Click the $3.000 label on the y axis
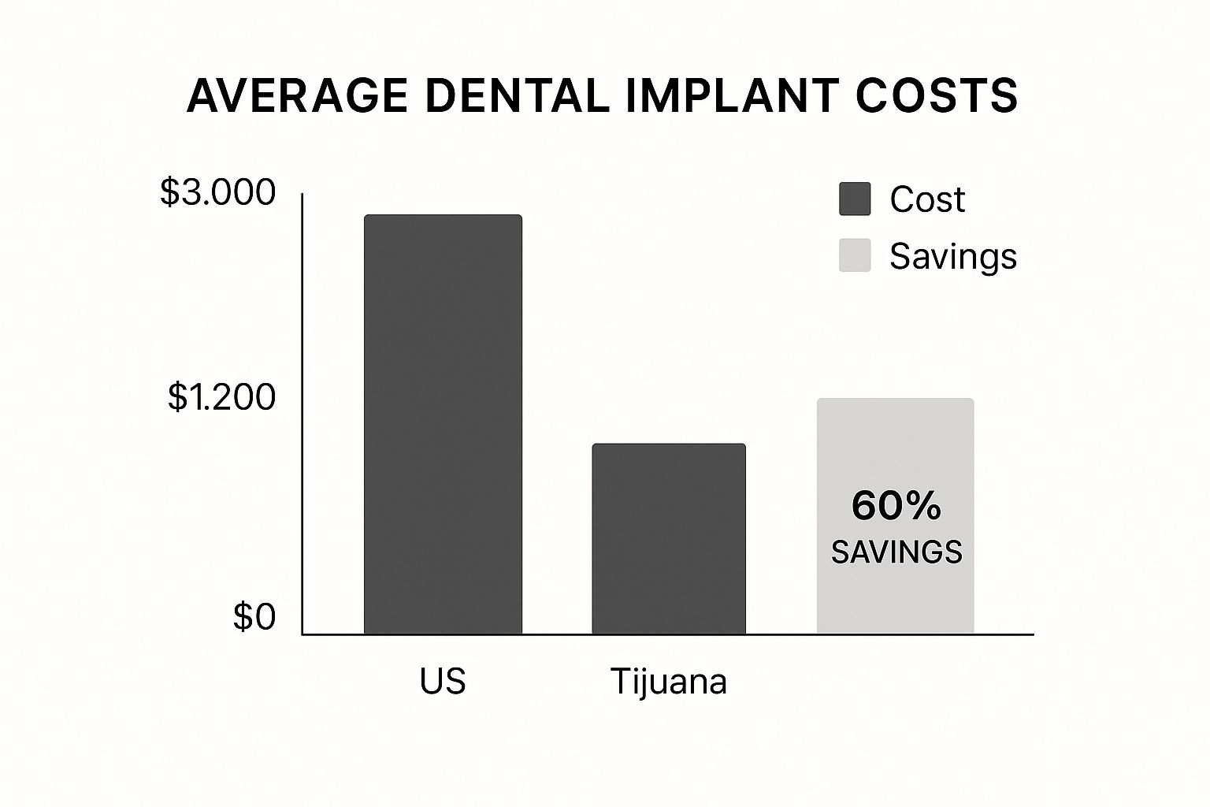(217, 192)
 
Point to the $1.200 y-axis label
(221, 397)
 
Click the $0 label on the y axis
(254, 617)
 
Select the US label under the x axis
(443, 681)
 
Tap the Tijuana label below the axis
(668, 682)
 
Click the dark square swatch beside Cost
(855, 199)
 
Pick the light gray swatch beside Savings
(855, 255)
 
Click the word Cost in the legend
(927, 199)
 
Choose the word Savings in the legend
(953, 256)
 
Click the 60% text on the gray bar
(896, 506)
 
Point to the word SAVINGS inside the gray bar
(896, 552)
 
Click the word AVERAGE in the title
(298, 96)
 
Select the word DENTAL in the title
(516, 96)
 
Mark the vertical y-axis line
(302, 410)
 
